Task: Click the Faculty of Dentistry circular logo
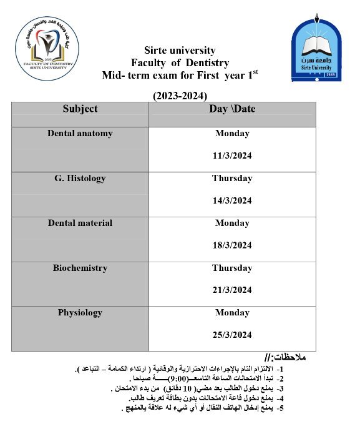pyautogui.click(x=47, y=49)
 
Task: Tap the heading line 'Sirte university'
pyautogui.click(x=180, y=50)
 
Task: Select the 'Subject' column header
pyautogui.click(x=80, y=109)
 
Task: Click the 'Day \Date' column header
pyautogui.click(x=232, y=109)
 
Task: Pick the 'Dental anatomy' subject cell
pyautogui.click(x=80, y=133)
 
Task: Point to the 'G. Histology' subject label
pyautogui.click(x=80, y=178)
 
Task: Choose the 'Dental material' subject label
pyautogui.click(x=80, y=223)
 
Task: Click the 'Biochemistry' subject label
pyautogui.click(x=80, y=268)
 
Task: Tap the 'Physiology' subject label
pyautogui.click(x=80, y=312)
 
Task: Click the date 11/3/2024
pyautogui.click(x=232, y=155)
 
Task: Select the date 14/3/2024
pyautogui.click(x=232, y=200)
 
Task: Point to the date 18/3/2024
pyautogui.click(x=232, y=245)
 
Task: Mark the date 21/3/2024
pyautogui.click(x=232, y=290)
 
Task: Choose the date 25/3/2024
pyautogui.click(x=232, y=335)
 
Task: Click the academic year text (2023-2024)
pyautogui.click(x=180, y=96)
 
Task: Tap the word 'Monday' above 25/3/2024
pyautogui.click(x=232, y=312)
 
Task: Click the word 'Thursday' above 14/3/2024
pyautogui.click(x=232, y=178)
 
